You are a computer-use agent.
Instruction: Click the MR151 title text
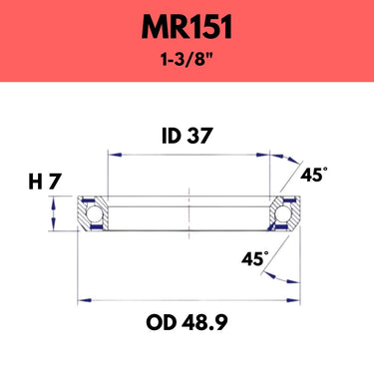pyautogui.click(x=187, y=28)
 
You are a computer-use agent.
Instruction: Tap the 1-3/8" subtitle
pyautogui.click(x=187, y=60)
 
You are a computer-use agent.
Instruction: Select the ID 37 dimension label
pyautogui.click(x=187, y=136)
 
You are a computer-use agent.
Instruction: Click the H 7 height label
pyautogui.click(x=45, y=182)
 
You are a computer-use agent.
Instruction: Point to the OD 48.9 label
pyautogui.click(x=187, y=322)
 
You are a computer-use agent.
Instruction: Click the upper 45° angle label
pyautogui.click(x=313, y=175)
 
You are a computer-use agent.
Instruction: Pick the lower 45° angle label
pyautogui.click(x=254, y=258)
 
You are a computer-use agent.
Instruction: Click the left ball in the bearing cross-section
pyautogui.click(x=94, y=213)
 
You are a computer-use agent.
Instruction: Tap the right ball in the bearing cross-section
pyautogui.click(x=282, y=213)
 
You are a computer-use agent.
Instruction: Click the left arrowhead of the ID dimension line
pyautogui.click(x=115, y=155)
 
